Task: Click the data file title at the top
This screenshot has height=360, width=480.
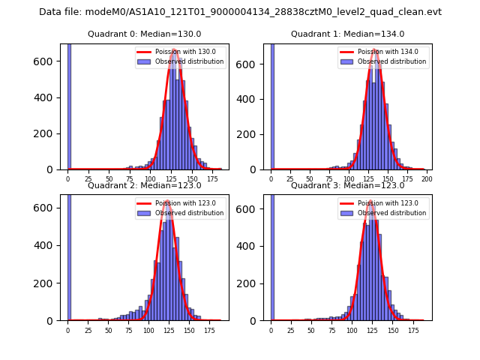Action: [x=240, y=12]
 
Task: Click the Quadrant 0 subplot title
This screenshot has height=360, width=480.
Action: [x=145, y=34]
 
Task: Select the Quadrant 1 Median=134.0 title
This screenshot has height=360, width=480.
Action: [x=347, y=34]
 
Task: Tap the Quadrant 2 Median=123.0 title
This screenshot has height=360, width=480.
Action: [x=145, y=185]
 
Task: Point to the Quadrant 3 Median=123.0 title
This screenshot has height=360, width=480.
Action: [x=347, y=185]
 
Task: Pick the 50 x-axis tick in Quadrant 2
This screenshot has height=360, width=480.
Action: [x=108, y=331]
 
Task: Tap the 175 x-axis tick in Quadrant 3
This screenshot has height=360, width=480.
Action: [x=412, y=331]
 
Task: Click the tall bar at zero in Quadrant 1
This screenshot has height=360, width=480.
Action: [x=272, y=105]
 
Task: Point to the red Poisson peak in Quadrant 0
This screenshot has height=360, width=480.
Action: [x=174, y=50]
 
